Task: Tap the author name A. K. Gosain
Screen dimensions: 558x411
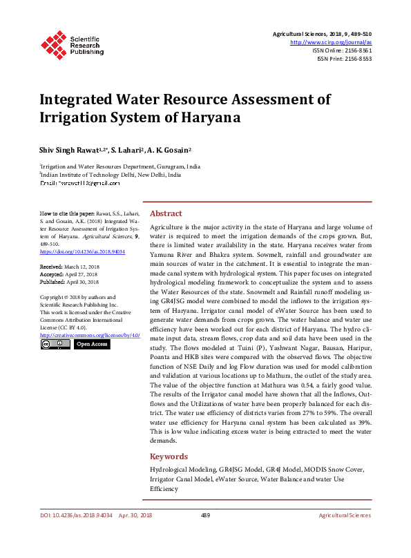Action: [171, 150]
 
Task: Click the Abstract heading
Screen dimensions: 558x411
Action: [166, 213]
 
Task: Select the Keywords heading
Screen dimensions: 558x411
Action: [169, 456]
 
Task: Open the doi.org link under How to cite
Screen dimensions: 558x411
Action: [82, 252]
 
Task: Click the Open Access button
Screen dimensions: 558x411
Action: [91, 343]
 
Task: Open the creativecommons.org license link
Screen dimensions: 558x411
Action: [90, 334]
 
